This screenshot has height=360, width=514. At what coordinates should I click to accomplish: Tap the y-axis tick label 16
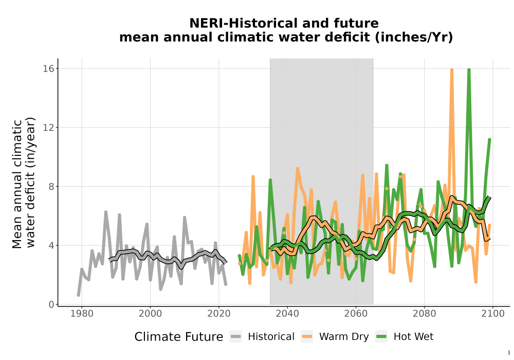coord(48,68)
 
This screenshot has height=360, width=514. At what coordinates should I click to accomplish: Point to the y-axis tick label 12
coord(48,128)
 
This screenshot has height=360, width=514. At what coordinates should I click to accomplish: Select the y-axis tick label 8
coord(51,187)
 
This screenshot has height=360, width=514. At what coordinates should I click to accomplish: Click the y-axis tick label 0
coord(51,304)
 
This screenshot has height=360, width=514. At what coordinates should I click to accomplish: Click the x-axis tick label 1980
coord(82,314)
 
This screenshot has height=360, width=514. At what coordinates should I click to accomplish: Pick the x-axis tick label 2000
coord(151,314)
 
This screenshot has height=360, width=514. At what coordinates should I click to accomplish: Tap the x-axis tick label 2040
coord(287,314)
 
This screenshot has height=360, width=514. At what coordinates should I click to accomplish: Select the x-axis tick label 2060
coord(356,314)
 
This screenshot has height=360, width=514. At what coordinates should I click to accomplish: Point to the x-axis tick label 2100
coord(493,314)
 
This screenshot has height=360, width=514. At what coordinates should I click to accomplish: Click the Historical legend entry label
coord(271,337)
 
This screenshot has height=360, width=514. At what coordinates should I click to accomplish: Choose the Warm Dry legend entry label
coord(344,337)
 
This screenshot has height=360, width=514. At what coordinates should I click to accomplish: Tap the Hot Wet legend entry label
coord(413,337)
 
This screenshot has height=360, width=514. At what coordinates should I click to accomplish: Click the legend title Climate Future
coord(179,337)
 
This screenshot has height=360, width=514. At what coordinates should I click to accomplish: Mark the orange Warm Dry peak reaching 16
coord(452,70)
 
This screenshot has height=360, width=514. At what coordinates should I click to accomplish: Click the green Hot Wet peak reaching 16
coord(469,70)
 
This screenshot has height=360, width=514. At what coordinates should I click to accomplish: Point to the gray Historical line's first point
coord(78,295)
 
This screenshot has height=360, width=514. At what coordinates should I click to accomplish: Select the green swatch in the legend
coord(381,337)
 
